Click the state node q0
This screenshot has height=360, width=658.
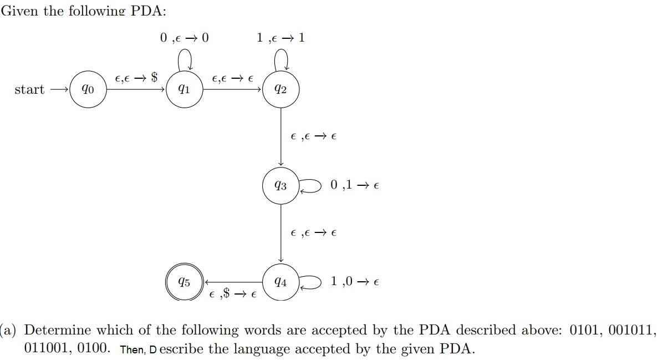coord(88,89)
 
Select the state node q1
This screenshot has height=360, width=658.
coord(185,89)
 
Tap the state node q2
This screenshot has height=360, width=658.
coord(281,89)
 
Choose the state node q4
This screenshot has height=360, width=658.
coord(281,282)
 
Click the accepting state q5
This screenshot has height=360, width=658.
coord(185,282)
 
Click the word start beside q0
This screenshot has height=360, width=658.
coord(29,89)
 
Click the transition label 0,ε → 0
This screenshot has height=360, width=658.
coord(185,38)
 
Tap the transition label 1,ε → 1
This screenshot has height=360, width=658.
coord(280,38)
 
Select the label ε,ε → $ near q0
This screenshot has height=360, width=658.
coord(136,79)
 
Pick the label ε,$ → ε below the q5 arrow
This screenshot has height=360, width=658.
coord(233,294)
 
